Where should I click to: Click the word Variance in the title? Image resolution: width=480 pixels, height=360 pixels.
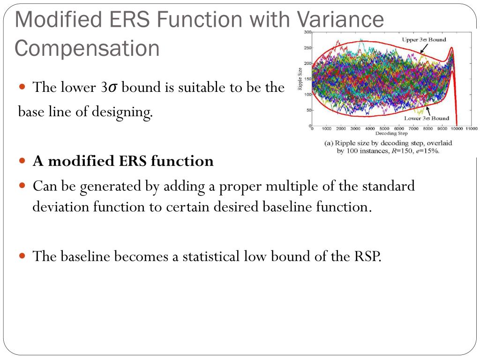340,19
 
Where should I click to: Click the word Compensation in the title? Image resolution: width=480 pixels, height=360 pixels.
87,48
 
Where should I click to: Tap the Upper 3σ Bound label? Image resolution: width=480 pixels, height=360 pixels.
424,39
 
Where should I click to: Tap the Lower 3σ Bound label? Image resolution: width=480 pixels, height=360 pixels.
427,118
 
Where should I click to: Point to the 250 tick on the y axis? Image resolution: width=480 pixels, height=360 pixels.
307,48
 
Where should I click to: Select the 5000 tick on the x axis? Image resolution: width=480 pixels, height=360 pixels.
384,128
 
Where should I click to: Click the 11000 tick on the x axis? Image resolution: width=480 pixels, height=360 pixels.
472,128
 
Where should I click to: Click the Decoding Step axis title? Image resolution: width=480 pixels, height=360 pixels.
391,134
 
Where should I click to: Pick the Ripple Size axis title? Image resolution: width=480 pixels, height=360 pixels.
300,79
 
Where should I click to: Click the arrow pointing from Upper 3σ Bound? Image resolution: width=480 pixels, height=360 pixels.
424,48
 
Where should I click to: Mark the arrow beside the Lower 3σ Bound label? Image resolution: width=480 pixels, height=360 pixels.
428,111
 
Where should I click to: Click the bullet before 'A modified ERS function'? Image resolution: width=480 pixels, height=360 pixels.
22,160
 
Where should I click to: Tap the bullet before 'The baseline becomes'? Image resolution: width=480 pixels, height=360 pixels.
22,255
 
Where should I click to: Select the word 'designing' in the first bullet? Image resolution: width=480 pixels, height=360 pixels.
122,112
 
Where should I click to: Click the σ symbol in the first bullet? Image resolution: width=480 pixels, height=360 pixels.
112,88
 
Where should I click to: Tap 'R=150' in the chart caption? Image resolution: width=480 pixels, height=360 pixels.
402,151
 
